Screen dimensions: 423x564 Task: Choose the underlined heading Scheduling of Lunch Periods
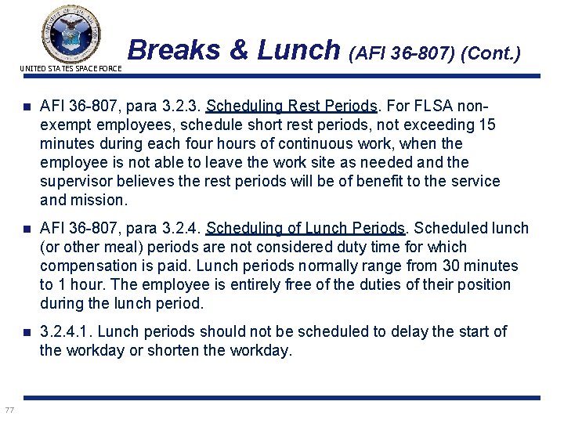[305, 228]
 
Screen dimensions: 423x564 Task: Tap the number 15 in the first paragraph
[487, 125]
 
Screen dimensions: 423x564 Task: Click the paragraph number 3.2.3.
[181, 106]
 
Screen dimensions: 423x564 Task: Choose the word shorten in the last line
[172, 350]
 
